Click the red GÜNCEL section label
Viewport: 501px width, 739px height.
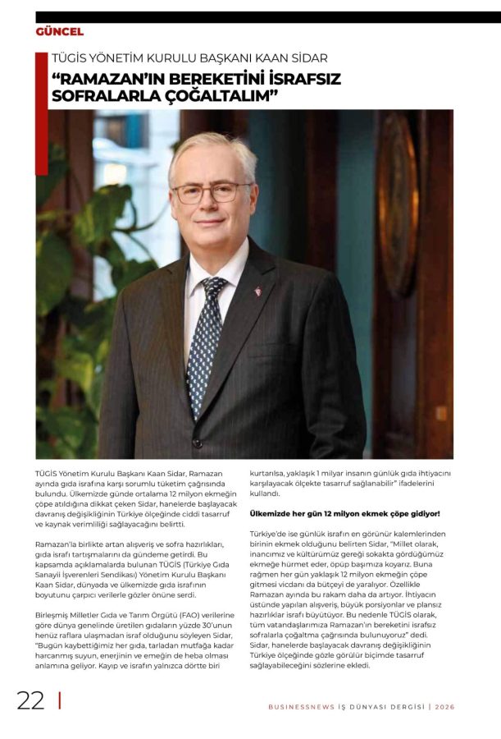[x=60, y=32]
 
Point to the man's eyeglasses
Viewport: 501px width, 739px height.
[x=211, y=192]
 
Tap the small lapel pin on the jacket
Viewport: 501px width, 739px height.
[x=257, y=291]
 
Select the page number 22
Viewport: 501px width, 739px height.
[x=31, y=700]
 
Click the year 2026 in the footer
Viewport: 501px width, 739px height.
[x=444, y=707]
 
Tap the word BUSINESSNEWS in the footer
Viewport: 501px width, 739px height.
[x=300, y=707]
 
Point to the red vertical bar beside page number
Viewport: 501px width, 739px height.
[x=59, y=700]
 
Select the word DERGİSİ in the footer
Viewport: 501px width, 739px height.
[x=403, y=707]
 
